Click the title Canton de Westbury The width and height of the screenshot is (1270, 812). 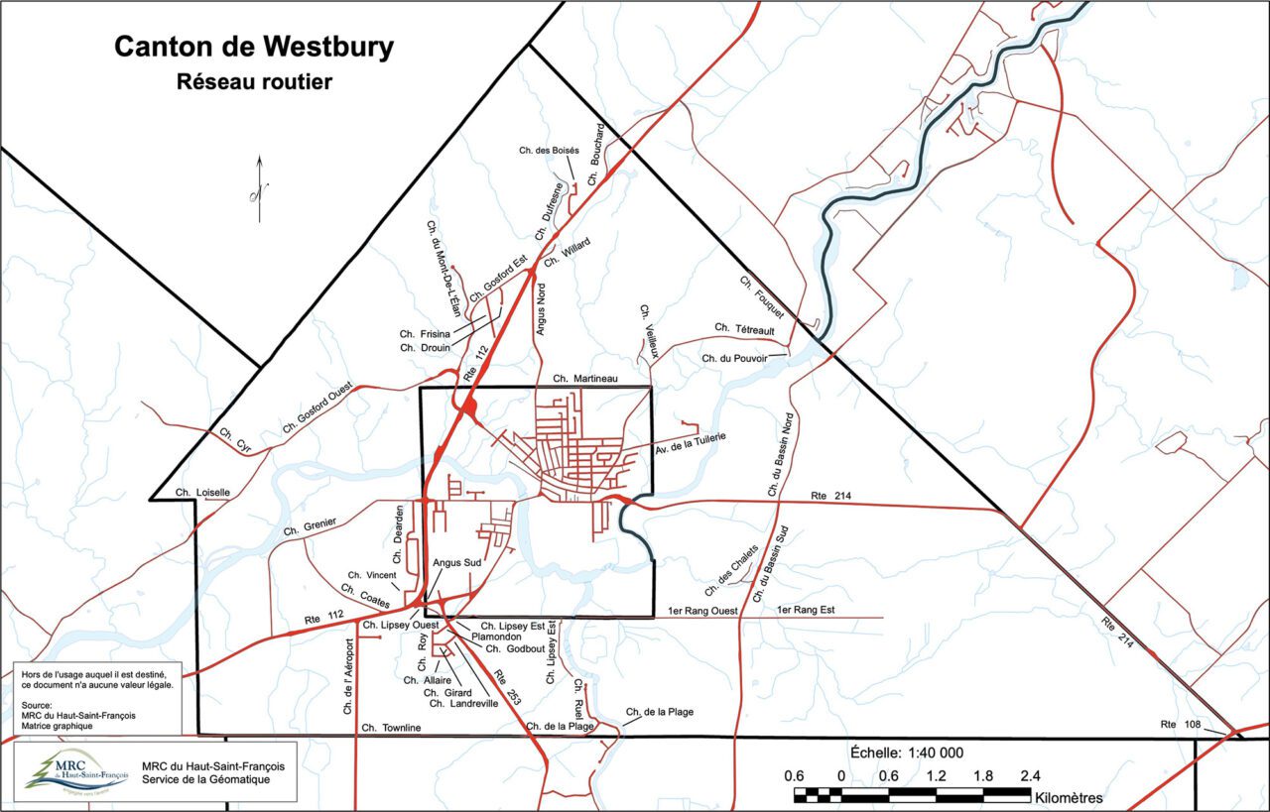pos(253,47)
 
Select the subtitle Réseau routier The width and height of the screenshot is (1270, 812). pos(253,82)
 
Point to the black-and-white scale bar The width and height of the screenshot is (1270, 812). pos(912,793)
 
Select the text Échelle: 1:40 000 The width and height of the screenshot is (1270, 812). pos(907,752)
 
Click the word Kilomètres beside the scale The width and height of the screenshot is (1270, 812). pos(1069,797)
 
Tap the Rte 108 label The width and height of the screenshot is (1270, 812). pos(1181,725)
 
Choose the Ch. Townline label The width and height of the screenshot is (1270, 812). pos(392,728)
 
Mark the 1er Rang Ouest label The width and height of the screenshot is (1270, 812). pos(702,611)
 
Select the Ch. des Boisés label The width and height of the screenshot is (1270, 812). pos(542,150)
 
